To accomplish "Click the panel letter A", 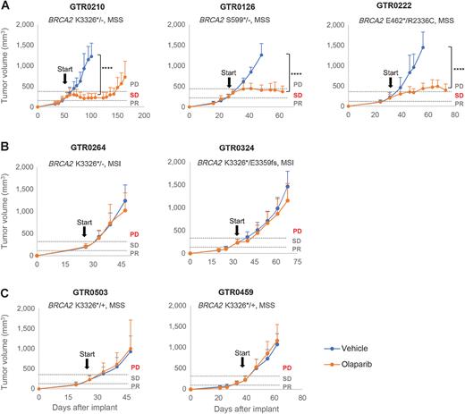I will tap(5, 6).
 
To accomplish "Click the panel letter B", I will tap(5, 147).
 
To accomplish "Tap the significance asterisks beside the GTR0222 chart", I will tap(458, 69).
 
